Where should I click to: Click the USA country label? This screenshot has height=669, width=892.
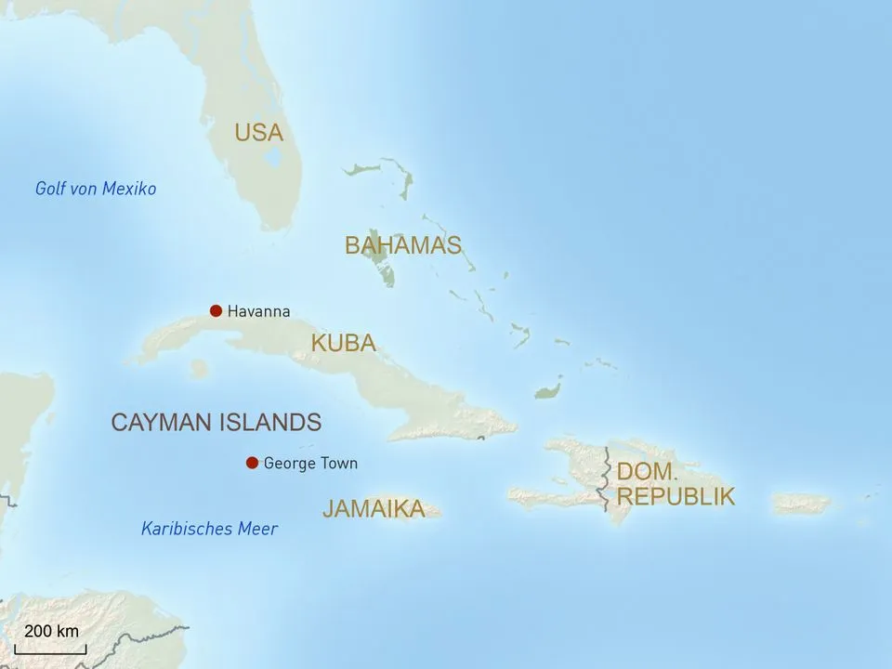pyautogui.click(x=258, y=133)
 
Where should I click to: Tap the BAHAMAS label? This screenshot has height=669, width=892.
pyautogui.click(x=402, y=245)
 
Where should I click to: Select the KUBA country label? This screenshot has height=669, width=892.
pyautogui.click(x=343, y=343)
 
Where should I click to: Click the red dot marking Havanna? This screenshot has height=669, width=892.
pyautogui.click(x=216, y=311)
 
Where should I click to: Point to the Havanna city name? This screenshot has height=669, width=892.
pyautogui.click(x=258, y=312)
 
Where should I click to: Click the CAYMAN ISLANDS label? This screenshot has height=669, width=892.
pyautogui.click(x=216, y=423)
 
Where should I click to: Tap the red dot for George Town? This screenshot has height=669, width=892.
pyautogui.click(x=251, y=463)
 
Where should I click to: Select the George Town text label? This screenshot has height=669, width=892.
pyautogui.click(x=310, y=463)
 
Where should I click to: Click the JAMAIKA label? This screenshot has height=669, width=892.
pyautogui.click(x=374, y=509)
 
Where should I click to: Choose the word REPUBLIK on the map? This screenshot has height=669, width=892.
pyautogui.click(x=676, y=496)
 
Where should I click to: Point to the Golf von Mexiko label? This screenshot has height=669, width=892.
pyautogui.click(x=96, y=189)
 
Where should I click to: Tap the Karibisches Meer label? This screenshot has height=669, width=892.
pyautogui.click(x=209, y=529)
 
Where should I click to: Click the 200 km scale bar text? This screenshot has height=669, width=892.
pyautogui.click(x=51, y=632)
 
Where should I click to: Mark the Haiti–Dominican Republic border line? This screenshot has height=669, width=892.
pyautogui.click(x=606, y=479)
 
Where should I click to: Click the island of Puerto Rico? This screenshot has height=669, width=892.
pyautogui.click(x=801, y=504)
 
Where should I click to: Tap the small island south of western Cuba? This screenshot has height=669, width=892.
pyautogui.click(x=198, y=369)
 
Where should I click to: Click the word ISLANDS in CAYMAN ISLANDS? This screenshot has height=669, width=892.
pyautogui.click(x=269, y=423)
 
